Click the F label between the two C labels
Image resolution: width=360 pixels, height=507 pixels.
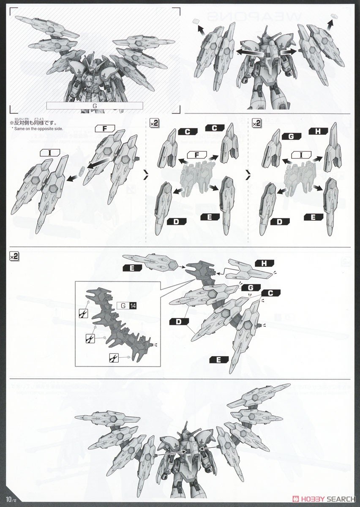[x=197, y=155]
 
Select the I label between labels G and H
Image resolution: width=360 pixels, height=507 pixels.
[x=302, y=155]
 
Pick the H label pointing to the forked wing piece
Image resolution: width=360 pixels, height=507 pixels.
[x=264, y=263]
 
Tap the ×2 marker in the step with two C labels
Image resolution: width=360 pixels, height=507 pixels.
[x=154, y=123]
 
